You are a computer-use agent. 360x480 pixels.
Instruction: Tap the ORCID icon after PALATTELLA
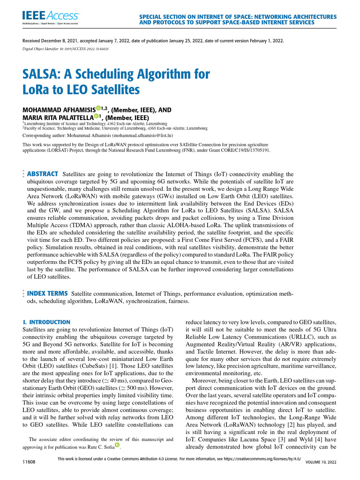click(x=96, y=117)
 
